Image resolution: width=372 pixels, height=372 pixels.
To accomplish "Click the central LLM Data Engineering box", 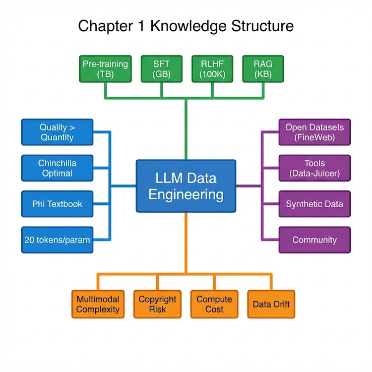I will click(x=186, y=186).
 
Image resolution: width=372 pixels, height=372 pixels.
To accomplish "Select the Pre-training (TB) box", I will click(x=105, y=69).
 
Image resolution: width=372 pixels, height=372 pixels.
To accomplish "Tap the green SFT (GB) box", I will click(x=162, y=69).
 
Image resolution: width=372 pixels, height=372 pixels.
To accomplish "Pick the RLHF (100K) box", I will click(x=212, y=69).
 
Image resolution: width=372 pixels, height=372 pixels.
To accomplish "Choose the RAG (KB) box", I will click(x=262, y=69).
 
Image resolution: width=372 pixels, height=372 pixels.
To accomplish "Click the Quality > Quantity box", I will click(x=57, y=132).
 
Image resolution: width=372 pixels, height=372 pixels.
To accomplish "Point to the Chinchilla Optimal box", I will click(x=57, y=168).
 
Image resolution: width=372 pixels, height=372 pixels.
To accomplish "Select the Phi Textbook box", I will click(x=57, y=204).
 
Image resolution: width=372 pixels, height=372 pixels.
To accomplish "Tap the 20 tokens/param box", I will click(x=57, y=240).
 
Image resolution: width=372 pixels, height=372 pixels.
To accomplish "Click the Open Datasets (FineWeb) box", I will click(x=314, y=132).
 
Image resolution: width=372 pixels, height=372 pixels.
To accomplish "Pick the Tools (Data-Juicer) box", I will click(x=314, y=168).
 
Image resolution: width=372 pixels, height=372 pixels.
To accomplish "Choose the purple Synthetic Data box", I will click(x=314, y=204).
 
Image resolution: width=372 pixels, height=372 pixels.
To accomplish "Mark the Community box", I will click(x=314, y=240).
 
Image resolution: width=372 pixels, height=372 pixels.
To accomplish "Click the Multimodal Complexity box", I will click(x=98, y=304).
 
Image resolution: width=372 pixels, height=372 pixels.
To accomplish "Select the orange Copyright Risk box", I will click(x=157, y=304).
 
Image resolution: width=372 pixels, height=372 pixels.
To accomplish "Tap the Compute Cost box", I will click(x=214, y=304).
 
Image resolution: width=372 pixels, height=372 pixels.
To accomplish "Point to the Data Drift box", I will click(x=271, y=304).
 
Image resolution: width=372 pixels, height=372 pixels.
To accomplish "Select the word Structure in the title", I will click(x=264, y=26).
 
